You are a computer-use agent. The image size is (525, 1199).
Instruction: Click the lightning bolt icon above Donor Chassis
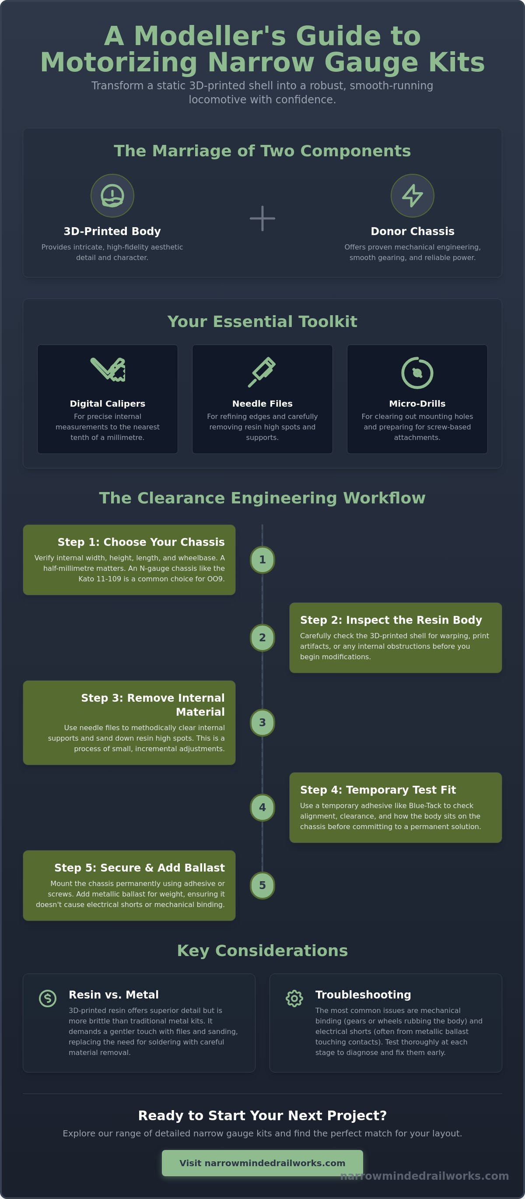click(413, 196)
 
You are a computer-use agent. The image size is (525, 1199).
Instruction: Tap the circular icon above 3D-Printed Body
click(112, 196)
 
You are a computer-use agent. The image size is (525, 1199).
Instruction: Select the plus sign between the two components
click(262, 218)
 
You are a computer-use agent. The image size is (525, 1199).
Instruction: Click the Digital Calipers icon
click(108, 369)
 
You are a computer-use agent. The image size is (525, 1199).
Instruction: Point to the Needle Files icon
click(262, 372)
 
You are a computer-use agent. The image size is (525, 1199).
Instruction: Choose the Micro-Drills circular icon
click(417, 373)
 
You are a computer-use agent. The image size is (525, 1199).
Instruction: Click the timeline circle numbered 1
click(262, 560)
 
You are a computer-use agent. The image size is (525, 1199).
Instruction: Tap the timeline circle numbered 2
click(262, 638)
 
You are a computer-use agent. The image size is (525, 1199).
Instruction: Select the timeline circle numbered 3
click(262, 722)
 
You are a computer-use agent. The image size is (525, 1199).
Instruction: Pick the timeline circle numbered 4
click(262, 808)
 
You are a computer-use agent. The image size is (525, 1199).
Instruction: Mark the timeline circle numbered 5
click(262, 885)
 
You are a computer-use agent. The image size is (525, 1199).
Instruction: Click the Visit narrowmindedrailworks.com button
click(262, 1163)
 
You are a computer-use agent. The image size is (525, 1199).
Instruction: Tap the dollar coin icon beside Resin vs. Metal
click(47, 998)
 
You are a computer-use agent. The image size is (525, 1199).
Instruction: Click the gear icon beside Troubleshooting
click(294, 998)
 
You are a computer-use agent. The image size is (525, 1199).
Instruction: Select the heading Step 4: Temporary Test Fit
click(378, 790)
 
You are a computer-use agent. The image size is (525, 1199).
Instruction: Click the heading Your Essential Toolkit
click(262, 322)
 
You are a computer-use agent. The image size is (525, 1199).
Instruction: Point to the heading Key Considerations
click(262, 950)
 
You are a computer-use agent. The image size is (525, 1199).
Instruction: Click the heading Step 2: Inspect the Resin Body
click(391, 620)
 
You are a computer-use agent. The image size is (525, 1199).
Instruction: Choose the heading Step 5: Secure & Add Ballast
click(140, 868)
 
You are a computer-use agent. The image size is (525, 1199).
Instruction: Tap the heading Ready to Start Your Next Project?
click(262, 1116)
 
